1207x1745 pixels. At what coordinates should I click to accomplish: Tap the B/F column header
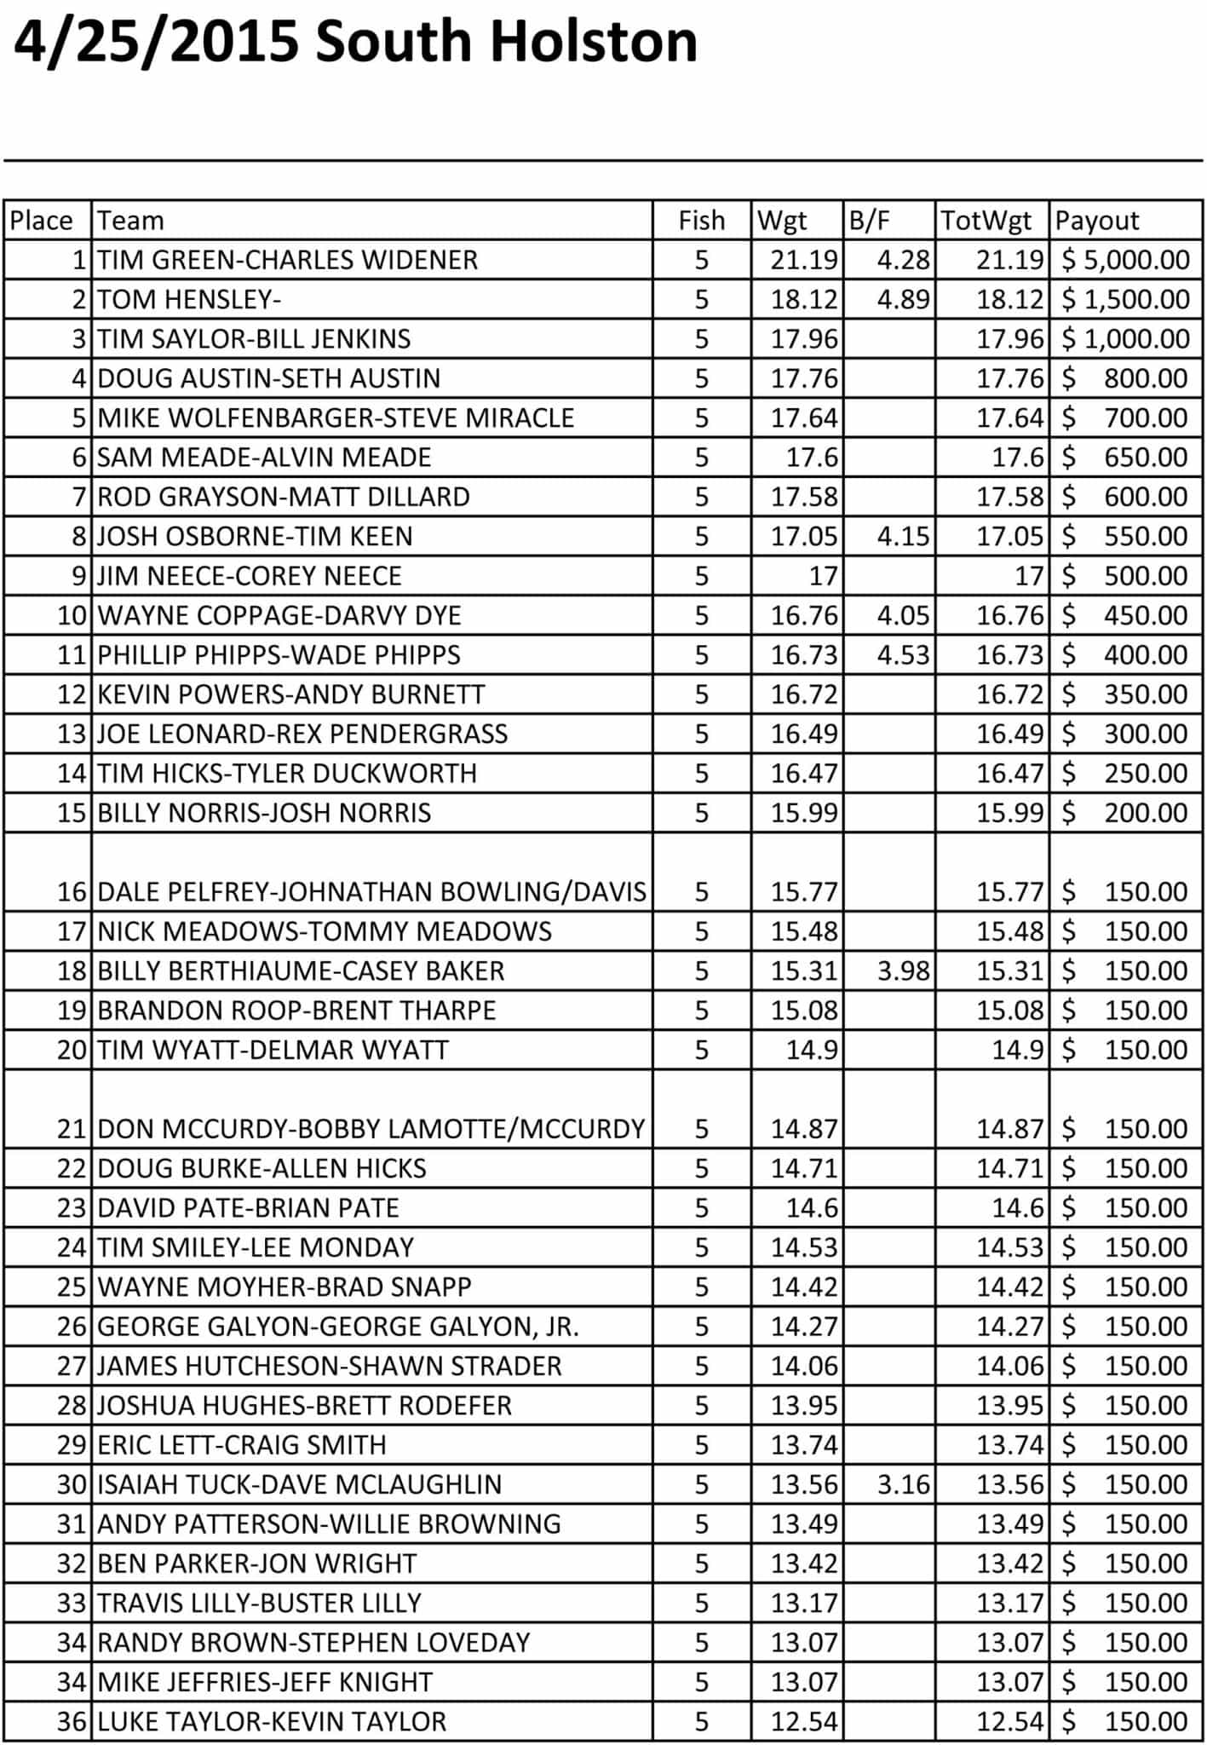(869, 221)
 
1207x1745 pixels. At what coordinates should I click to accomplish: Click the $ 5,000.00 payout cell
(1125, 260)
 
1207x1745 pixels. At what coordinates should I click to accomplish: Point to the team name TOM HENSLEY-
(189, 300)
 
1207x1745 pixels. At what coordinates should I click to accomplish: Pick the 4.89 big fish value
(903, 300)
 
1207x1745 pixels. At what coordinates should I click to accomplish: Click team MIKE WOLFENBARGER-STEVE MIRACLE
(336, 418)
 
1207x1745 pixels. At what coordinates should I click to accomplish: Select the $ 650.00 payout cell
(1125, 458)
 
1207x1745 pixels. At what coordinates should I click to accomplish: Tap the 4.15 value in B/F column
(903, 537)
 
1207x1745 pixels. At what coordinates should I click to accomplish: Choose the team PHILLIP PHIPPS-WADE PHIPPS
(279, 655)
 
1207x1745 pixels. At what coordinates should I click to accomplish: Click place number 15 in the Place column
(72, 813)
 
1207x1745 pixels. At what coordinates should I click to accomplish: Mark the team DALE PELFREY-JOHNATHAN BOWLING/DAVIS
(371, 892)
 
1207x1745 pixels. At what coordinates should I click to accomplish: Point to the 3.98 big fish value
(903, 971)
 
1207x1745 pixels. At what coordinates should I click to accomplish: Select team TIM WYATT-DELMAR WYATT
(273, 1050)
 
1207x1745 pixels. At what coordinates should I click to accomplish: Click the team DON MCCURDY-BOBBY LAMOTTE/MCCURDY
(371, 1129)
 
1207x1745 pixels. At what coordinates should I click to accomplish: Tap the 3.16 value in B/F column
(903, 1484)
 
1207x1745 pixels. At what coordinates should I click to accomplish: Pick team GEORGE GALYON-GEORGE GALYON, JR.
(338, 1327)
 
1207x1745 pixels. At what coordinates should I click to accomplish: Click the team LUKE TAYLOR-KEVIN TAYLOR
(272, 1721)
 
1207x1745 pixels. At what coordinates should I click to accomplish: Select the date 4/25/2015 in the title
(157, 43)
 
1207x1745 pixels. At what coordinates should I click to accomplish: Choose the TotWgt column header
(986, 221)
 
